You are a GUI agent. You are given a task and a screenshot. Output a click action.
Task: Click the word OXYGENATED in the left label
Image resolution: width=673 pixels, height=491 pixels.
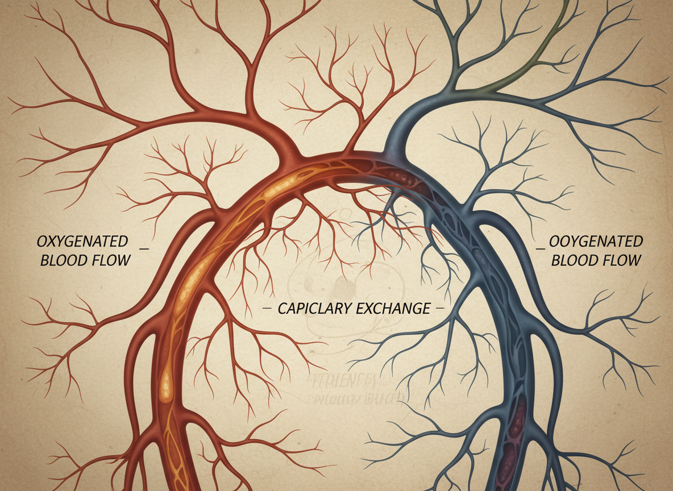[82, 242]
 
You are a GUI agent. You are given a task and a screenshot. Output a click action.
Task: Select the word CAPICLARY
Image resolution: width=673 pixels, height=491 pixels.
[311, 309]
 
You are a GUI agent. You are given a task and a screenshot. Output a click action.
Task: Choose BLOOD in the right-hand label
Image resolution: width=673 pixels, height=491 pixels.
[574, 260]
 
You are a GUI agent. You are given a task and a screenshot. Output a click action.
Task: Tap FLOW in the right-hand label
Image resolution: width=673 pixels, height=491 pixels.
[622, 260]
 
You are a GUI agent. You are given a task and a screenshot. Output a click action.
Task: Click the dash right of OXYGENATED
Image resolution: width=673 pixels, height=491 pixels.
[143, 249]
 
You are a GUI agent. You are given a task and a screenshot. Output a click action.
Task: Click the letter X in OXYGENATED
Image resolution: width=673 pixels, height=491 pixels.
[52, 242]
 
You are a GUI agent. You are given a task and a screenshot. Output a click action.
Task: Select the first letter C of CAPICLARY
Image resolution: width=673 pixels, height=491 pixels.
[283, 309]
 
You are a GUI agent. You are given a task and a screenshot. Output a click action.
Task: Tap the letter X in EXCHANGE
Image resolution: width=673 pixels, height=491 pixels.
[369, 309]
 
